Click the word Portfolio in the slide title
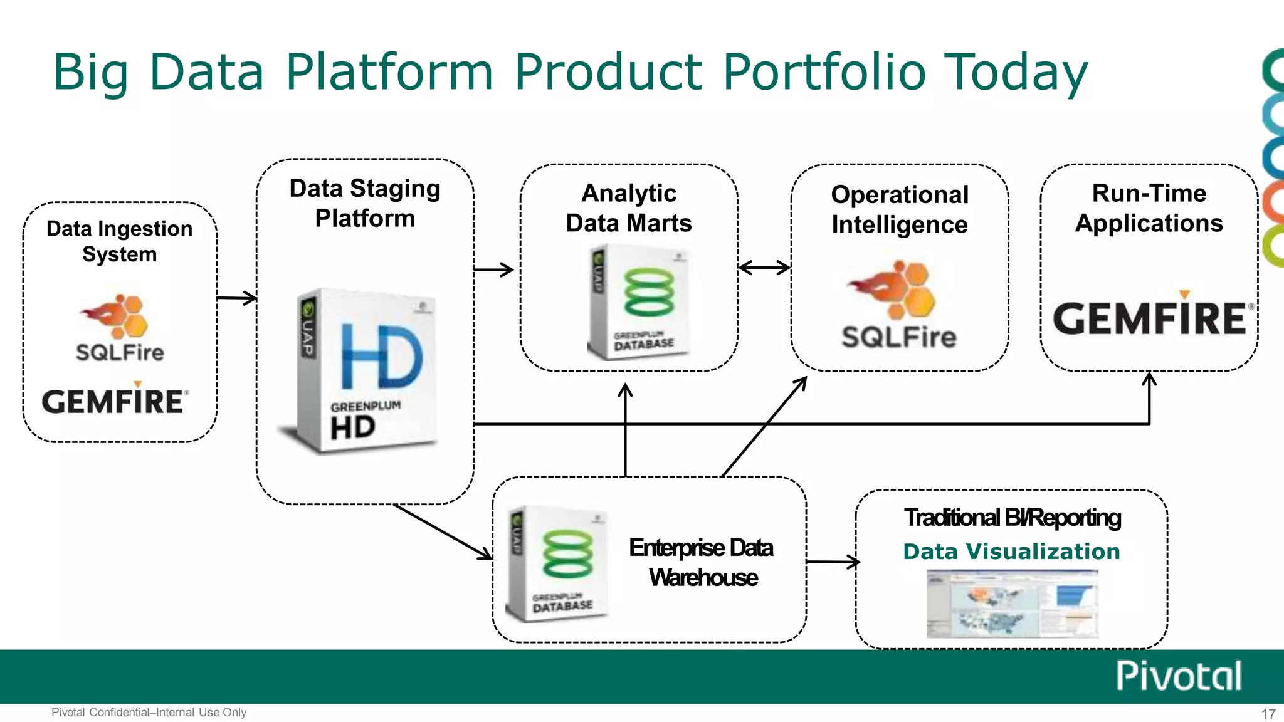click(824, 72)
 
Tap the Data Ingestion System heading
click(119, 241)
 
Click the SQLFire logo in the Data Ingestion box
click(119, 329)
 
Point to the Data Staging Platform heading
click(365, 203)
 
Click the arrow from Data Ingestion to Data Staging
click(236, 298)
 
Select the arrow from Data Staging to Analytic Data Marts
click(494, 270)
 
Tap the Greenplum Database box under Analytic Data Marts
click(638, 302)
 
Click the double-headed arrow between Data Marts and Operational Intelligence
click(764, 268)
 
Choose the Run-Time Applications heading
click(1149, 208)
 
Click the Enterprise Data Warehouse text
click(702, 562)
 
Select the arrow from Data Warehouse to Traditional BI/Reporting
click(833, 562)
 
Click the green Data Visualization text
click(1011, 552)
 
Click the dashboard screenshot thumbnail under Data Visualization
click(1012, 603)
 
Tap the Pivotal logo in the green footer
click(1178, 676)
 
